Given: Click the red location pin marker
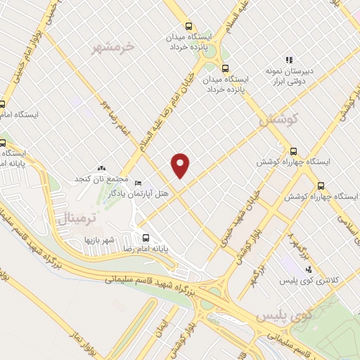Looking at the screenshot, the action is click(x=181, y=165).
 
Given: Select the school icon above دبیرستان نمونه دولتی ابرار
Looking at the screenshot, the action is click(x=288, y=60).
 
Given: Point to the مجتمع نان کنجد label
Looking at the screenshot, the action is click(x=99, y=179).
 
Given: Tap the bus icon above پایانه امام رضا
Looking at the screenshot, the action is click(x=146, y=238).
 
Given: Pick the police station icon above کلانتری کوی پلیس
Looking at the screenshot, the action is click(x=308, y=269).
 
